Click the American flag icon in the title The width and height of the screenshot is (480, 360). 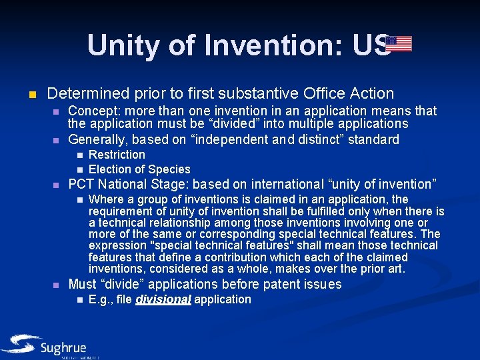point(399,44)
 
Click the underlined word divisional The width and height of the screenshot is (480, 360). point(163,299)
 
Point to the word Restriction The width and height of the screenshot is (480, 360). point(117,155)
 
